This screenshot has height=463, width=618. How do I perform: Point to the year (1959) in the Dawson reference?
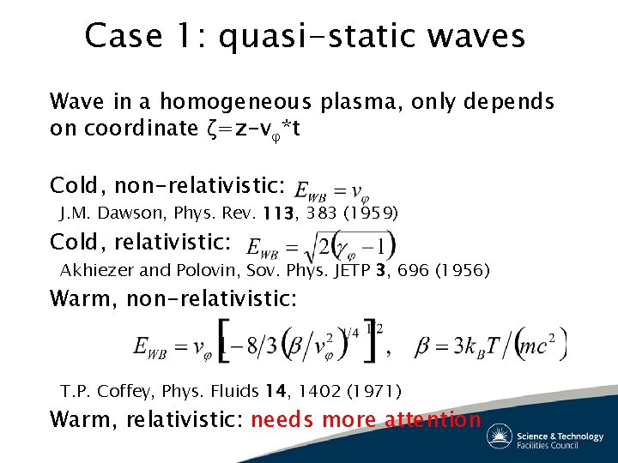370,212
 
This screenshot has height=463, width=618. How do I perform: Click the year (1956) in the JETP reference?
463,270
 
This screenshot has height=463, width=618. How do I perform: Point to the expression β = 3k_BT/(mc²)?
491,346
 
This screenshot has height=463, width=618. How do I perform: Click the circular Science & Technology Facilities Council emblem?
500,436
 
